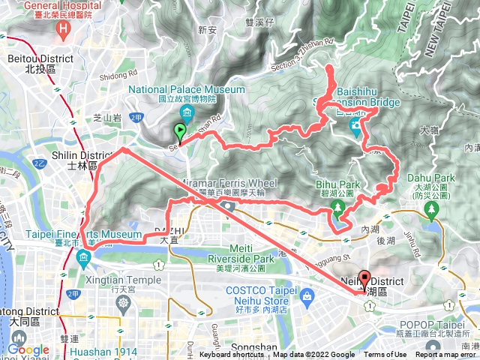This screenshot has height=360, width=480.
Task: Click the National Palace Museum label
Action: (187, 94)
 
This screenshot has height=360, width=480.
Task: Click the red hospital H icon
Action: (64, 31)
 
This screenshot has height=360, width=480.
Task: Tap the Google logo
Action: (28, 349)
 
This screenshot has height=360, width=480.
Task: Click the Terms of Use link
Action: (385, 355)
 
